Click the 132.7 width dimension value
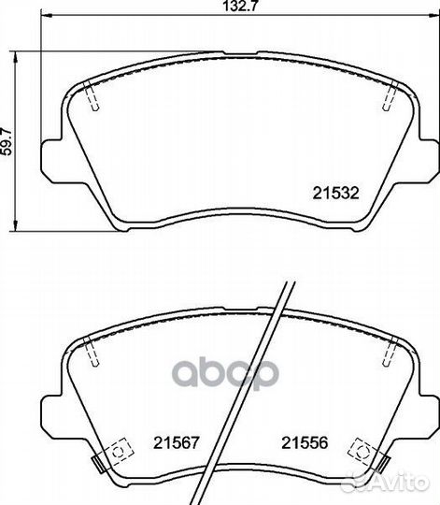(x=241, y=6)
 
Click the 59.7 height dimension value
(x=7, y=142)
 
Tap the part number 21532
(x=335, y=194)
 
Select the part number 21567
(x=177, y=442)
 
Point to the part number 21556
(x=305, y=442)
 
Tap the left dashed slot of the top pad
(x=92, y=95)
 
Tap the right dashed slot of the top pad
(x=390, y=95)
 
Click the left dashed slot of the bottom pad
(x=91, y=352)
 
